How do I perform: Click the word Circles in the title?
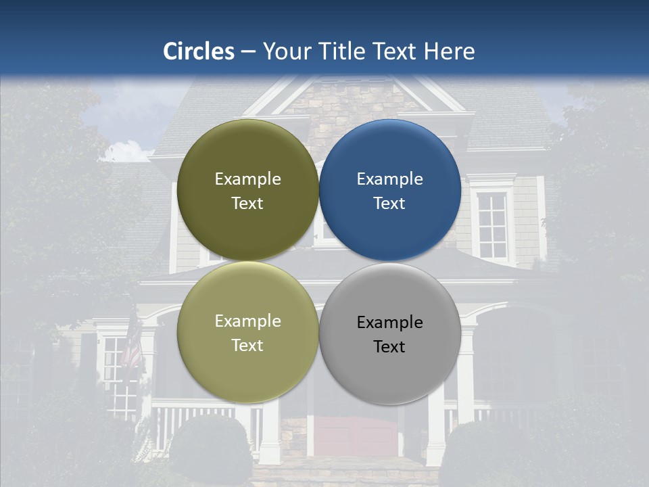click(x=199, y=51)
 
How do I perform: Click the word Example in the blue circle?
click(x=390, y=179)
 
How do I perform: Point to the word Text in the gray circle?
click(x=389, y=347)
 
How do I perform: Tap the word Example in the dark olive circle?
click(x=247, y=179)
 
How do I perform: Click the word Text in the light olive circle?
click(x=247, y=346)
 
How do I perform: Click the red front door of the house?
click(x=356, y=436)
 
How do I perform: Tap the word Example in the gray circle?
click(x=390, y=323)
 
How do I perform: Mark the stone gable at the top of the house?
click(x=352, y=108)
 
